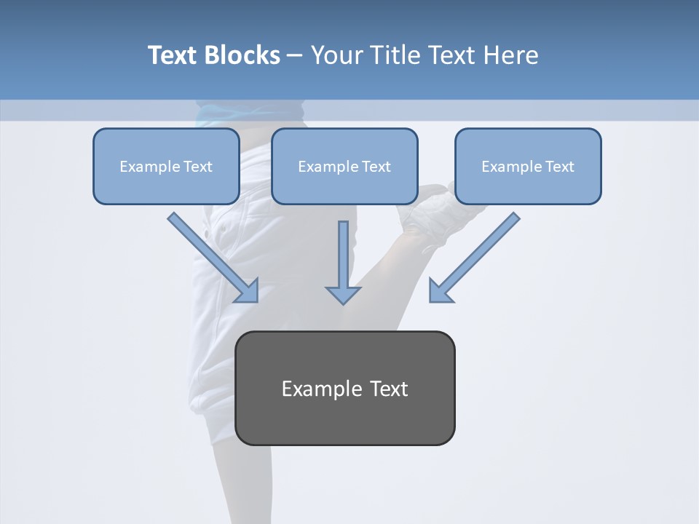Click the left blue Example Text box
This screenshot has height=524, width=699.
tap(166, 166)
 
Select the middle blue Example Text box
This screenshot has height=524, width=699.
tap(344, 166)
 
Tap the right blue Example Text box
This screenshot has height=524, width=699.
tap(528, 166)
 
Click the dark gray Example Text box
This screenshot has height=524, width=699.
tap(345, 388)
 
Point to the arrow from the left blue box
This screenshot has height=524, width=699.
tap(212, 256)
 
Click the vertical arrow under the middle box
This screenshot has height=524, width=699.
tap(343, 262)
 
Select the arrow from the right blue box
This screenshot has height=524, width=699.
tap(475, 257)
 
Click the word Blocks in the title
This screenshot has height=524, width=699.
tap(242, 55)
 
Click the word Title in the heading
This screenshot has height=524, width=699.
tap(398, 55)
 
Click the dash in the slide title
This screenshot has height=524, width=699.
tap(295, 56)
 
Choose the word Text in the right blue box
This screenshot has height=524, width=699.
tap(560, 167)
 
